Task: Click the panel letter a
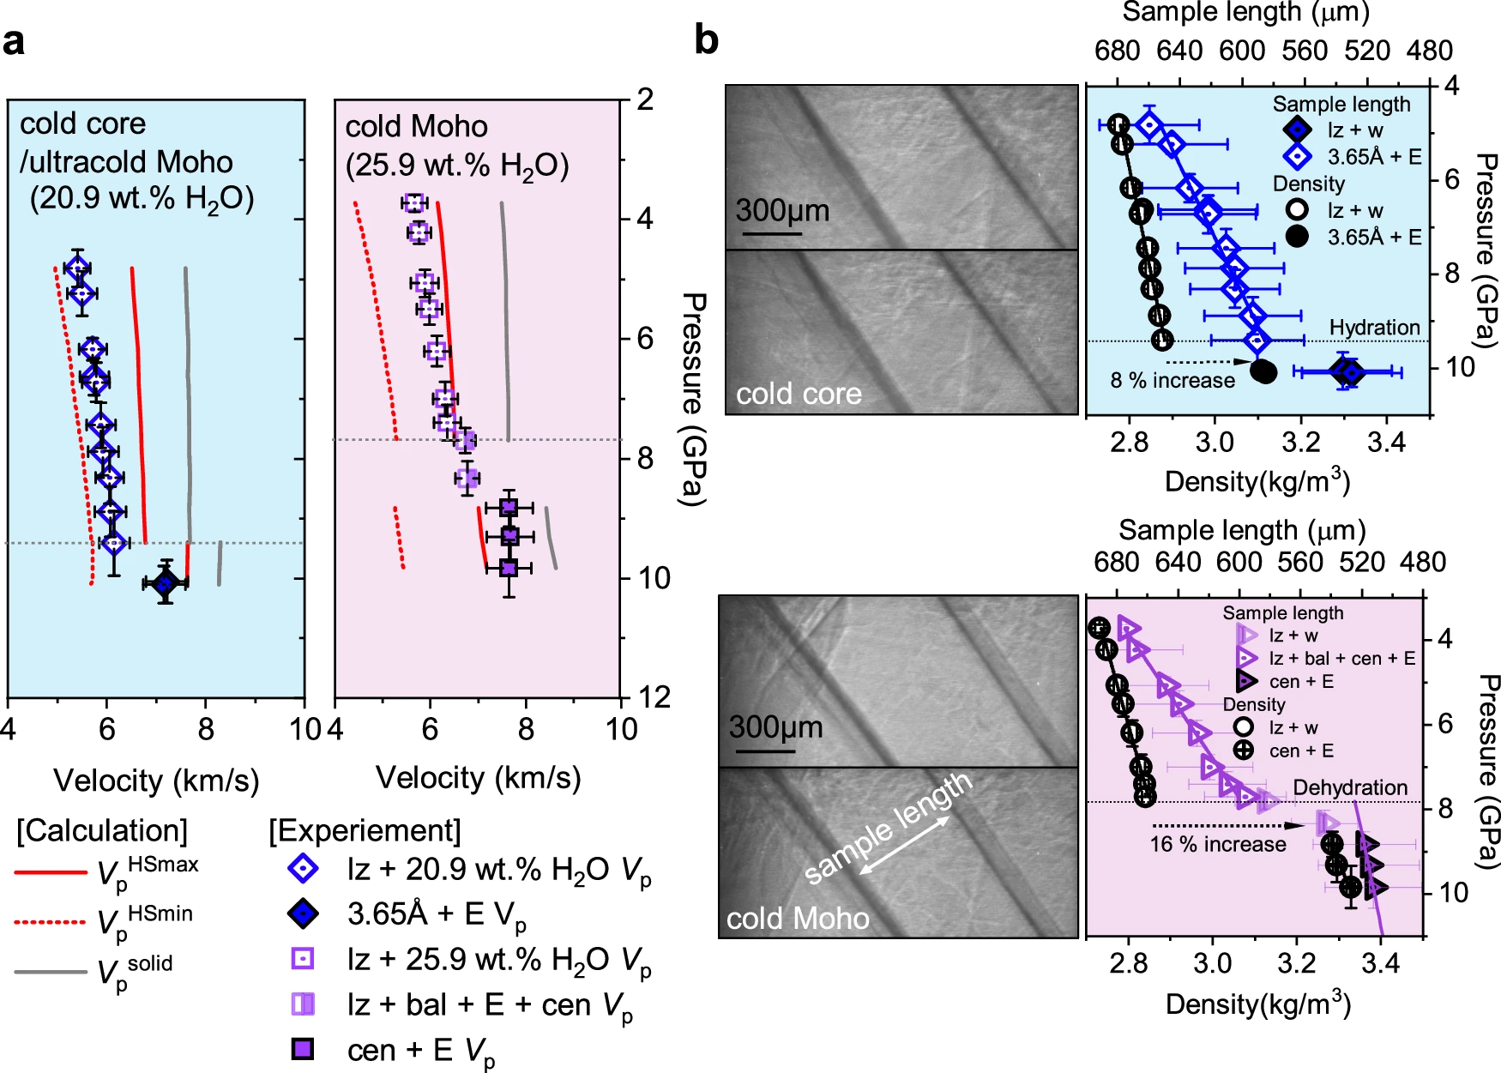click(15, 41)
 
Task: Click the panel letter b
click(706, 39)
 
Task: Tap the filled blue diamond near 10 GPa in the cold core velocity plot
click(165, 583)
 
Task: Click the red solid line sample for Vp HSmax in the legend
click(51, 872)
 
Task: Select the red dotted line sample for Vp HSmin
click(51, 922)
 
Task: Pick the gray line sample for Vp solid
click(51, 972)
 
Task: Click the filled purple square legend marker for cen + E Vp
click(302, 1049)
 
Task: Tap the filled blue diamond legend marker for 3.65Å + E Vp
click(302, 913)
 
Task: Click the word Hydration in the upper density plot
click(1374, 327)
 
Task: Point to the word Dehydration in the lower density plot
click(1350, 787)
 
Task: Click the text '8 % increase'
click(1172, 380)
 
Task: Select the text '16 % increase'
click(1218, 844)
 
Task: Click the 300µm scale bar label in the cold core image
click(782, 210)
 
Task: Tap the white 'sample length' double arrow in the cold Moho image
click(904, 846)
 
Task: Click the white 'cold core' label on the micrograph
click(799, 394)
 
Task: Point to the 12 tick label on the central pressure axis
click(654, 697)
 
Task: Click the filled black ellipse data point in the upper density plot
click(1263, 371)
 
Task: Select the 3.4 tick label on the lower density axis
click(1380, 963)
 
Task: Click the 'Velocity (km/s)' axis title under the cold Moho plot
click(478, 778)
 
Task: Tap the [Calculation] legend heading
click(102, 830)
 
